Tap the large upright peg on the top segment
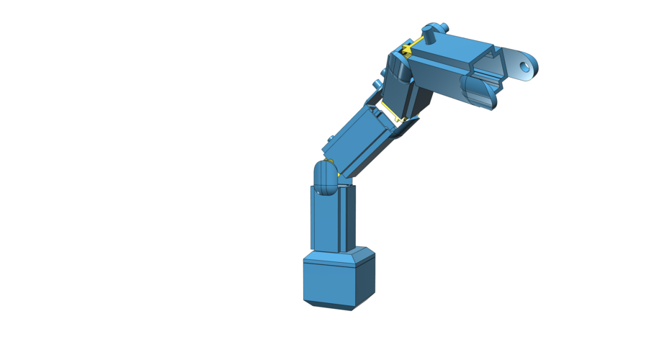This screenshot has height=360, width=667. tap(431, 35)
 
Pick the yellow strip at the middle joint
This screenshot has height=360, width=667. tap(393, 112)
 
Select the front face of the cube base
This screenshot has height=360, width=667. tap(328, 285)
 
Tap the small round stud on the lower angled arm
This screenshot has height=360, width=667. tap(329, 140)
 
